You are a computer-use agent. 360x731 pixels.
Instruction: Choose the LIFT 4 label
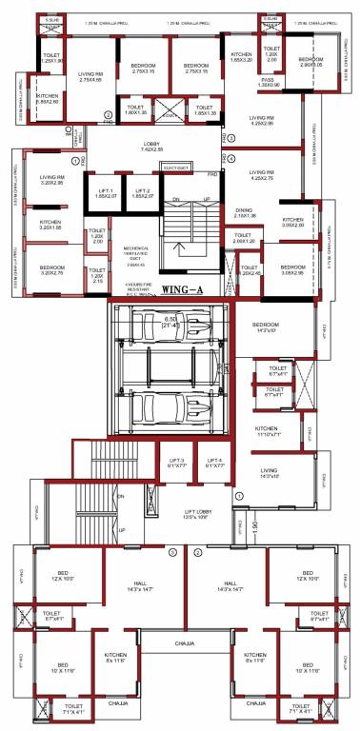213,464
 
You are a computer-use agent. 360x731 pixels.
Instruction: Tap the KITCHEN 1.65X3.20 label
242,58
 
